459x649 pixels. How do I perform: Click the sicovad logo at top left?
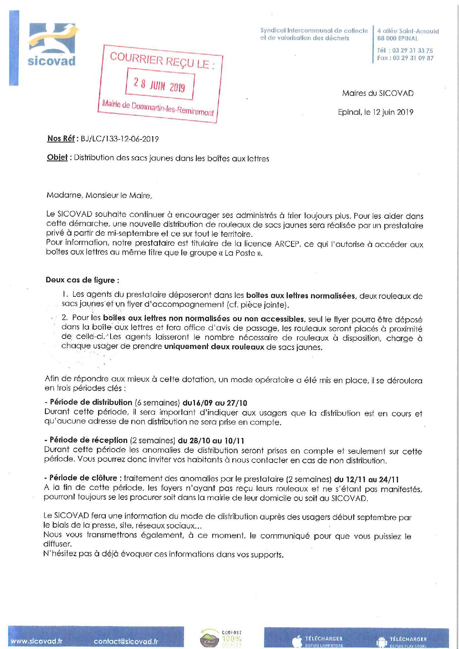52,44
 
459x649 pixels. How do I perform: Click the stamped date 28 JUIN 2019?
159,84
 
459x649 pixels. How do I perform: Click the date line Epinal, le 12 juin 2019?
375,112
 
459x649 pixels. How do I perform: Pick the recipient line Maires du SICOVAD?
377,93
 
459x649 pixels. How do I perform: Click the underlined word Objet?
57,158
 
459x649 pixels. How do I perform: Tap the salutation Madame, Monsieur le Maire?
99,195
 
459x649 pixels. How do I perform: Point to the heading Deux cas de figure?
82,280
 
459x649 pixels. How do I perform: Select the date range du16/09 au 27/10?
215,403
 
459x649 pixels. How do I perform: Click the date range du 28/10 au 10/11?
211,441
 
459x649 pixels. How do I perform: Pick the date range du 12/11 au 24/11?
366,480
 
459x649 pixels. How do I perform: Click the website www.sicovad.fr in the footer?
37,641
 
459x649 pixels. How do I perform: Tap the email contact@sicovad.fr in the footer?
126,641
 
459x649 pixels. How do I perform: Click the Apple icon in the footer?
296,641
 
